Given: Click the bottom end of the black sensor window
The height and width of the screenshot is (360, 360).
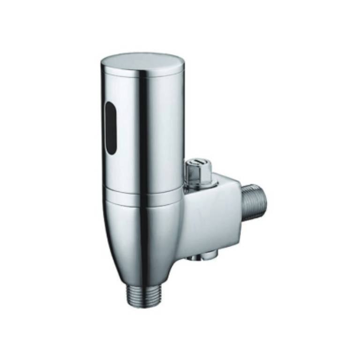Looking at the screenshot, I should pyautogui.click(x=111, y=152).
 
